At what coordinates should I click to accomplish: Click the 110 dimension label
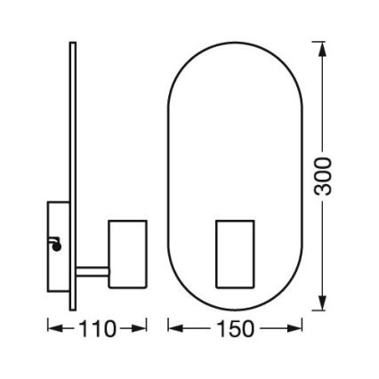point(96,329)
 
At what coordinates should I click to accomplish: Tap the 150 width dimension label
point(235,329)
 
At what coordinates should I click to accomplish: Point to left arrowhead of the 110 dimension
point(52,329)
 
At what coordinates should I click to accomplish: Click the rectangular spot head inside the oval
point(235,254)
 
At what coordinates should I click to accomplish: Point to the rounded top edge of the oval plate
point(235,41)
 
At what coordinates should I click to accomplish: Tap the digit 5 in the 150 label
point(235,329)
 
